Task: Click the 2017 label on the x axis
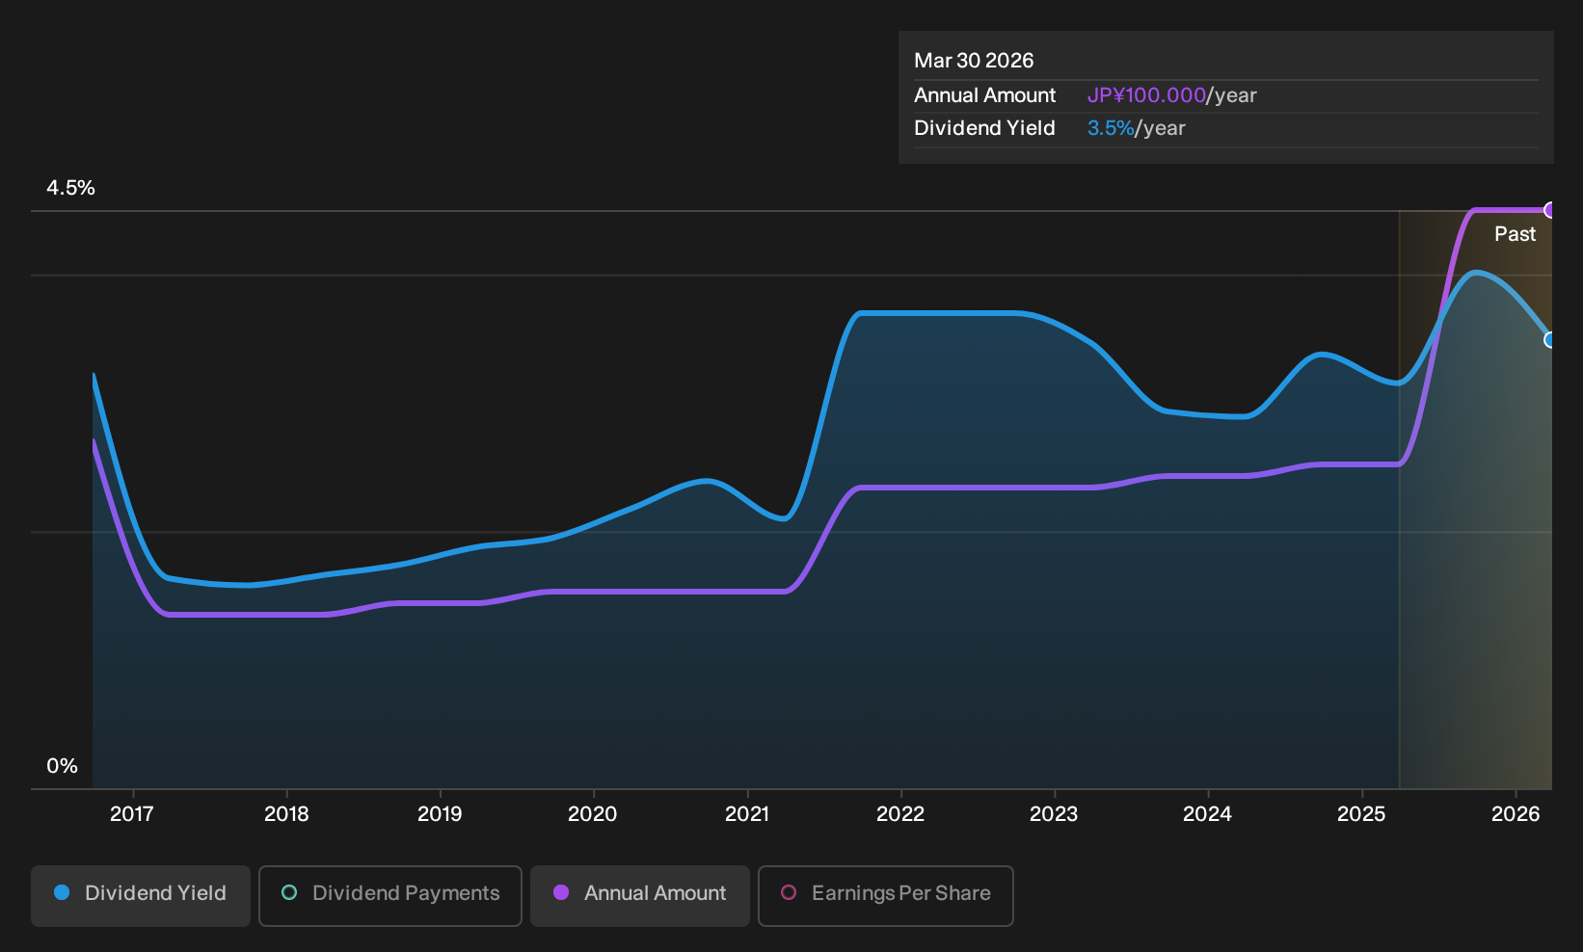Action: pos(132,814)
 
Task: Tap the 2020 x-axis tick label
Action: pos(593,814)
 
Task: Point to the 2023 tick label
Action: pos(1054,814)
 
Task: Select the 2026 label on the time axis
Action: pos(1516,814)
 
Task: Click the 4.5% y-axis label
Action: pos(70,188)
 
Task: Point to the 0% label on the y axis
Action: pos(63,766)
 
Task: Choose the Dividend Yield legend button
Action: pos(141,895)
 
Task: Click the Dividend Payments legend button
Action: pos(390,895)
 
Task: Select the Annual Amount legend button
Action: pos(639,895)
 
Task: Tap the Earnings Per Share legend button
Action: pos(885,895)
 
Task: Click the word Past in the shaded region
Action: pos(1515,234)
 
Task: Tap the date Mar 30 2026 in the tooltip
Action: pos(974,61)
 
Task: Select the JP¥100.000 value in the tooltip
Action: pos(1146,95)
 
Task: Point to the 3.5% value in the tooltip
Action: pos(1111,128)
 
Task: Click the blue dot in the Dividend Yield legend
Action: pos(63,892)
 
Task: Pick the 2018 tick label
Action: pos(286,814)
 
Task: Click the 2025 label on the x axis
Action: pos(1362,814)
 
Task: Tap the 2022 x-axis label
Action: pos(900,814)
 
